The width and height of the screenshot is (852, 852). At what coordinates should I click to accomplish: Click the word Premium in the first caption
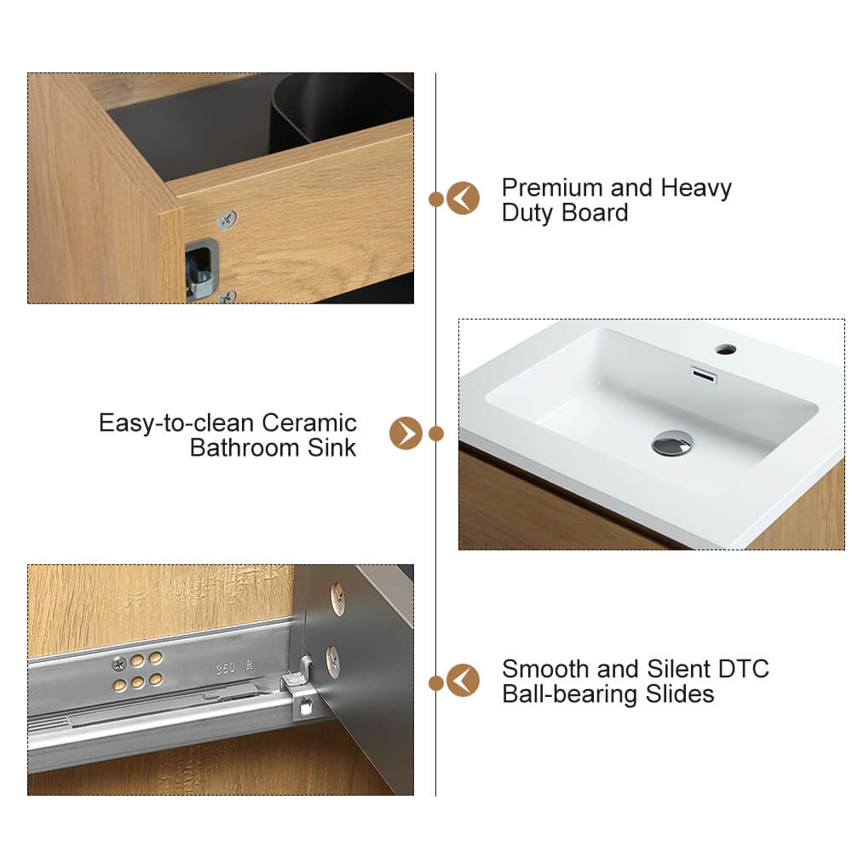(x=552, y=188)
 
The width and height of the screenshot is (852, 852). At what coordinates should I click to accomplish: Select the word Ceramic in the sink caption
(x=309, y=423)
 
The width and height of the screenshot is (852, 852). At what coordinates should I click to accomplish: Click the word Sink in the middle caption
(x=331, y=448)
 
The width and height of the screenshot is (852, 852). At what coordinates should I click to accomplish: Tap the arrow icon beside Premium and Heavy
(x=463, y=198)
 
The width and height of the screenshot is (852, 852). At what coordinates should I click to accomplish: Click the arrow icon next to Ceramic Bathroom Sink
(x=406, y=433)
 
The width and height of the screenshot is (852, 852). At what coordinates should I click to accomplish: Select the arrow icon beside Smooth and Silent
(x=463, y=680)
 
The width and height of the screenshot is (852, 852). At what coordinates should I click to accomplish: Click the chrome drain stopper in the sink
(x=672, y=442)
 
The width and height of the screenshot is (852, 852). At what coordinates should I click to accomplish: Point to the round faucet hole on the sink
(x=725, y=348)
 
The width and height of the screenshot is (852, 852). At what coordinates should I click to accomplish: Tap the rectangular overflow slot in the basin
(x=704, y=375)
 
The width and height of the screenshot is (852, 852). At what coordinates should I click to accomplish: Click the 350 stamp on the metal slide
(x=226, y=668)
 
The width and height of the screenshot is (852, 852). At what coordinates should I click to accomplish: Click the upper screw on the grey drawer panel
(x=338, y=599)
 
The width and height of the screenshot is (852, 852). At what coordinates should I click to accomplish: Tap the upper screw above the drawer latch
(x=227, y=220)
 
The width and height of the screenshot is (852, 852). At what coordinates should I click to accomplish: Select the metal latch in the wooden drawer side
(x=200, y=270)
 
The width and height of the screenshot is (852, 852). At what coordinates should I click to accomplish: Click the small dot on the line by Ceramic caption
(x=435, y=434)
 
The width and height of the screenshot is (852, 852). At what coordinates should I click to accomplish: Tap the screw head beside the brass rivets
(x=119, y=664)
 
